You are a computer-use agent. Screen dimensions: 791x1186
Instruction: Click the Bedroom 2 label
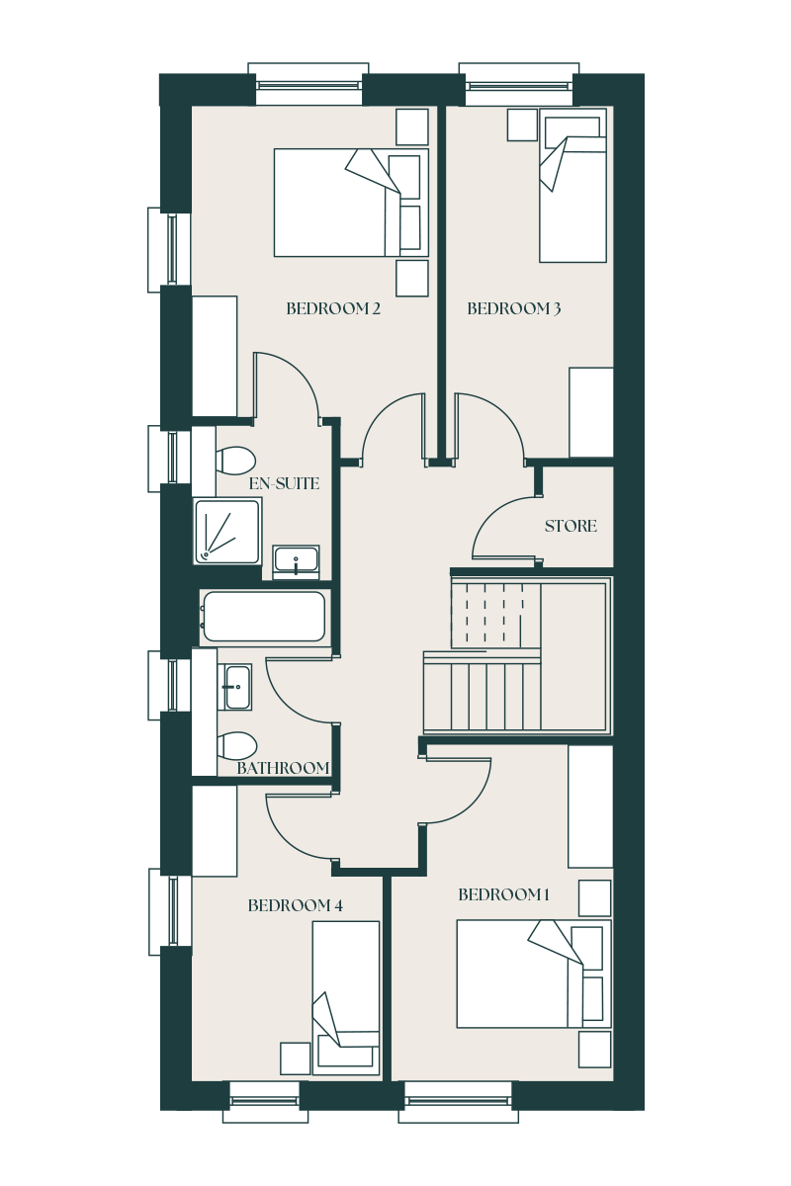point(333,308)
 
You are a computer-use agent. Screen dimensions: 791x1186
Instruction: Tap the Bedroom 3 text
point(513,308)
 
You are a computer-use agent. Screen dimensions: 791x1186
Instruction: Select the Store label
point(571,526)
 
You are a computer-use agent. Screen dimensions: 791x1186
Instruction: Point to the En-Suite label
point(284,483)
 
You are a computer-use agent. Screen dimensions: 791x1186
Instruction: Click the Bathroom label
point(283,768)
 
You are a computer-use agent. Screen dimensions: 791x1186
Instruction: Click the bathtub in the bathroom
point(265,617)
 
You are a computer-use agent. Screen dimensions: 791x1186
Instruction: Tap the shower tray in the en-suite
point(227,531)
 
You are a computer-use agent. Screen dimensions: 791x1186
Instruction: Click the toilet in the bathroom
point(237,745)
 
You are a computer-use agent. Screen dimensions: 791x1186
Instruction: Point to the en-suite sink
point(297,562)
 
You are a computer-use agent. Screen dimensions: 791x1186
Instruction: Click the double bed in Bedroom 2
point(351,203)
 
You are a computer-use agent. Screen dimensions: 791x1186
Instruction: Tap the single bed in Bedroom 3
point(572,186)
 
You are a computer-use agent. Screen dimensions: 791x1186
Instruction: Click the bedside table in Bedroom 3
point(522,125)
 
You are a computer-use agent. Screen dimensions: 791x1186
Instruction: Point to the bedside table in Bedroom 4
point(295,1059)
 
